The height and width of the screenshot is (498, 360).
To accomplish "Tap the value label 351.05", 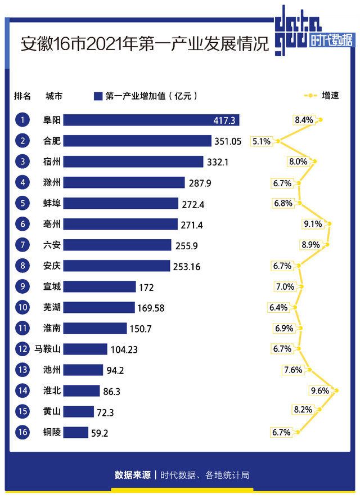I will (227, 141).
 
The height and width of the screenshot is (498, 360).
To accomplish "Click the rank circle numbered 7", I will (22, 245).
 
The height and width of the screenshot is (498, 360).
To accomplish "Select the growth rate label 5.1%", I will (262, 141).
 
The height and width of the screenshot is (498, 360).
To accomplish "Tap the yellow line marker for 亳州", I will (329, 224).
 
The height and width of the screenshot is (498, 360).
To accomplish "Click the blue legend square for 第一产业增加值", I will (98, 96).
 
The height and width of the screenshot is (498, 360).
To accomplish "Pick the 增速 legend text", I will (331, 96).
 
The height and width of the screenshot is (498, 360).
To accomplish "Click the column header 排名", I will (22, 96).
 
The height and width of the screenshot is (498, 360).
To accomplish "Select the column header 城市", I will (54, 96).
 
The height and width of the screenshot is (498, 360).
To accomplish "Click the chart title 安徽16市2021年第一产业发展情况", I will (145, 44).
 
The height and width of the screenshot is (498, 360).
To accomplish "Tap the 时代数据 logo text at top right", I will (332, 41).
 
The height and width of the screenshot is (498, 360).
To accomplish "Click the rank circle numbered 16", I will (22, 432).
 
